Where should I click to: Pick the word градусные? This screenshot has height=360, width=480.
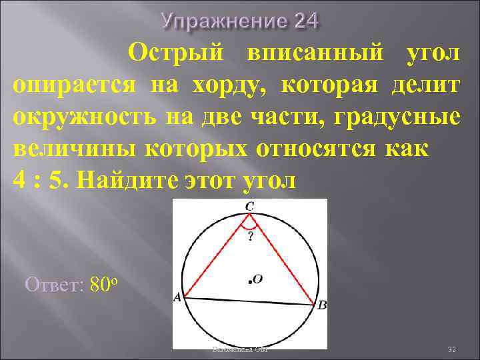coord(399,117)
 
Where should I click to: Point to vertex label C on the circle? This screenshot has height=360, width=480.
coord(249,207)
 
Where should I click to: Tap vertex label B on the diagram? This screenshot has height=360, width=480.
coord(322,306)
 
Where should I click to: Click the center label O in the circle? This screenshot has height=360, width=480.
coord(257,280)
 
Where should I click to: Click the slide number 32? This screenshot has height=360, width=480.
coord(451,349)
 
